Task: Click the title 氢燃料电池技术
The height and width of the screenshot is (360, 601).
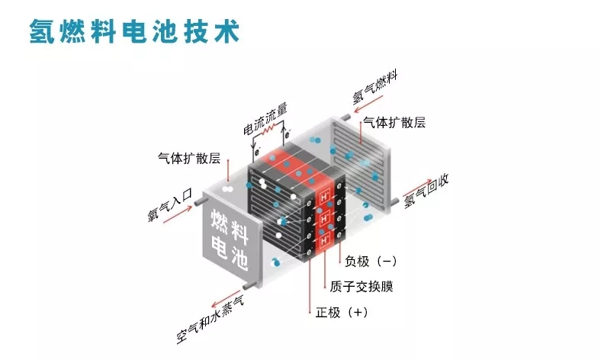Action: tap(134, 31)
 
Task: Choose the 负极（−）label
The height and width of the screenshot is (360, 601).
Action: tap(371, 262)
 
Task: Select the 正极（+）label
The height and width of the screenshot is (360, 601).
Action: tap(342, 312)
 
